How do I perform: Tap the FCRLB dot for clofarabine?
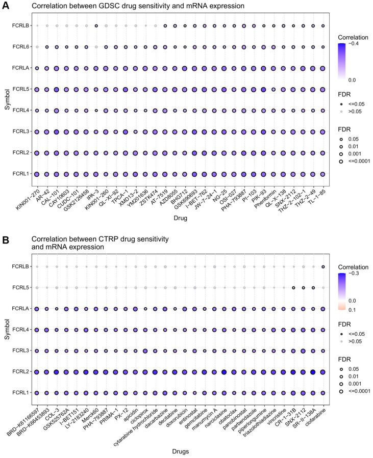323,266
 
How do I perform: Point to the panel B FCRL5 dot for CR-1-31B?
293,288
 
